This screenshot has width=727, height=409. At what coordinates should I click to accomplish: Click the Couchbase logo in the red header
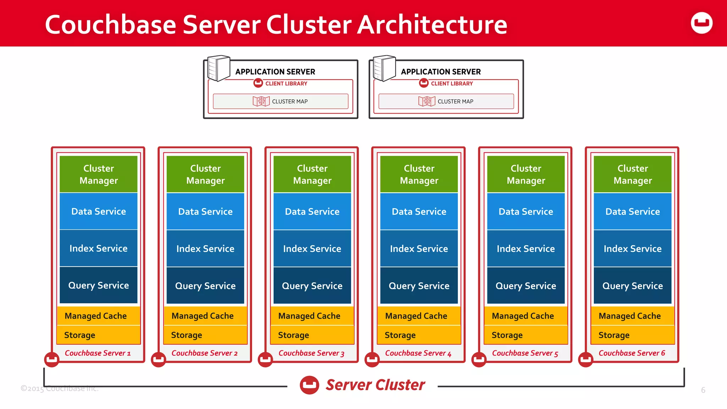(x=701, y=23)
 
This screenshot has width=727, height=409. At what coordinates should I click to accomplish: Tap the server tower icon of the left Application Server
(x=218, y=68)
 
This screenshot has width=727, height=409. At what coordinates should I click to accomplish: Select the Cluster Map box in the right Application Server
(x=446, y=102)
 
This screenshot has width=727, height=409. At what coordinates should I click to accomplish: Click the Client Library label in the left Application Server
(x=286, y=84)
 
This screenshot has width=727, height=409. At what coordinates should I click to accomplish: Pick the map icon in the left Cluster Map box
(x=261, y=102)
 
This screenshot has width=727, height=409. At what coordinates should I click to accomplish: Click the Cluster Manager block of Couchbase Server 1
(x=98, y=174)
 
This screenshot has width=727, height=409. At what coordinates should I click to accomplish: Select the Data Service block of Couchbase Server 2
(x=205, y=212)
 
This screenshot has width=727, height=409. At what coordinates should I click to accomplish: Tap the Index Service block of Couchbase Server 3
(x=312, y=249)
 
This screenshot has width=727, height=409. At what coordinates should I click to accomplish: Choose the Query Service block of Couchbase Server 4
(x=419, y=286)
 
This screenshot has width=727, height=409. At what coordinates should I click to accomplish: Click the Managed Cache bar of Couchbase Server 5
(x=526, y=316)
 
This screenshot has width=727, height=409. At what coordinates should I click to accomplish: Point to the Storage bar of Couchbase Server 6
(x=633, y=335)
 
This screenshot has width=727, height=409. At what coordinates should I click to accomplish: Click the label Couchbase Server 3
(x=311, y=353)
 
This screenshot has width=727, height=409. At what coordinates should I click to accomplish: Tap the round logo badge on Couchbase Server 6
(x=585, y=360)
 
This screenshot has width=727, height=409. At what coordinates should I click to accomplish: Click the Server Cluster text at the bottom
(x=375, y=385)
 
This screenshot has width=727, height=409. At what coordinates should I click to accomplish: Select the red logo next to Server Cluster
(x=309, y=385)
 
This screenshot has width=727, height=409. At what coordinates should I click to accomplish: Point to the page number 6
(x=703, y=390)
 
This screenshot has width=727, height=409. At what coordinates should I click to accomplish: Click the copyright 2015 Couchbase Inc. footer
(x=59, y=388)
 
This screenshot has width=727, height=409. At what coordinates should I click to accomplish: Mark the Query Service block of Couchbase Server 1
(x=98, y=285)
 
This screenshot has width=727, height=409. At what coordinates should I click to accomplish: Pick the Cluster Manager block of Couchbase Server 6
(x=633, y=174)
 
